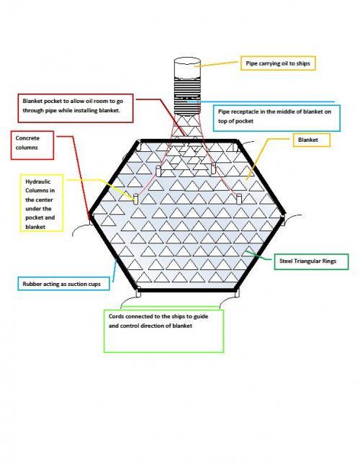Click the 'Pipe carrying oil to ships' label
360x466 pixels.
coord(278,63)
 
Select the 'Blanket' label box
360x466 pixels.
coord(312,140)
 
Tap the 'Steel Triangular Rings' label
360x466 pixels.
coord(311,261)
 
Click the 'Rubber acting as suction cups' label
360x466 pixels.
coord(63,284)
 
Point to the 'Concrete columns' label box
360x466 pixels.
coord(32,145)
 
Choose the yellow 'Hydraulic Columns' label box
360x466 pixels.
coord(42,203)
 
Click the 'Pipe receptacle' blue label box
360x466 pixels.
coord(276,118)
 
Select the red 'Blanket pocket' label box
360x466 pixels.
coord(76,108)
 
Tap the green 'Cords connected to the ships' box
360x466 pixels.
coord(163,331)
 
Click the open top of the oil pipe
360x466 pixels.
coord(187,62)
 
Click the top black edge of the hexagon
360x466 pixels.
coord(188,141)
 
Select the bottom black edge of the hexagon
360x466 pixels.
coord(187,290)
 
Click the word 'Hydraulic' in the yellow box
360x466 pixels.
coord(38,182)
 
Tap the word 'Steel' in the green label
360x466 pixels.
coord(286,261)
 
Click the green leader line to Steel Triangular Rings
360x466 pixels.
coord(258,256)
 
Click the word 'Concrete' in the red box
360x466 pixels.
coord(27,138)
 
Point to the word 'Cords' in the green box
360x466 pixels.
coord(116,316)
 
